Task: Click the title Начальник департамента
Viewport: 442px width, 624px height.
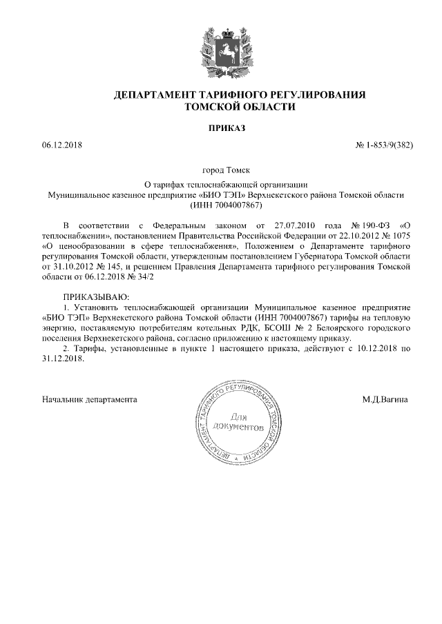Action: point(90,399)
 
